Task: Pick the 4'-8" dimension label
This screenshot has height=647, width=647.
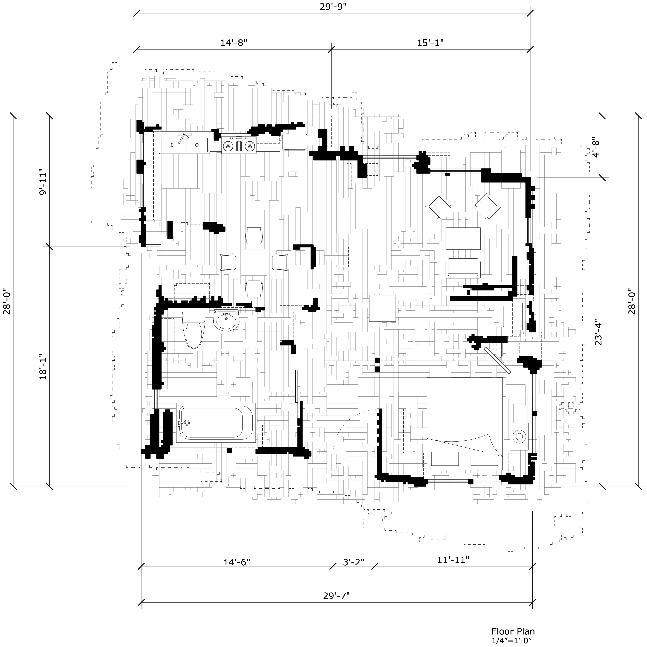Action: click(596, 147)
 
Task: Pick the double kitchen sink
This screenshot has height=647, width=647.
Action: click(184, 143)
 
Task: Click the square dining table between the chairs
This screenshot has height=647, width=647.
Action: click(254, 262)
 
